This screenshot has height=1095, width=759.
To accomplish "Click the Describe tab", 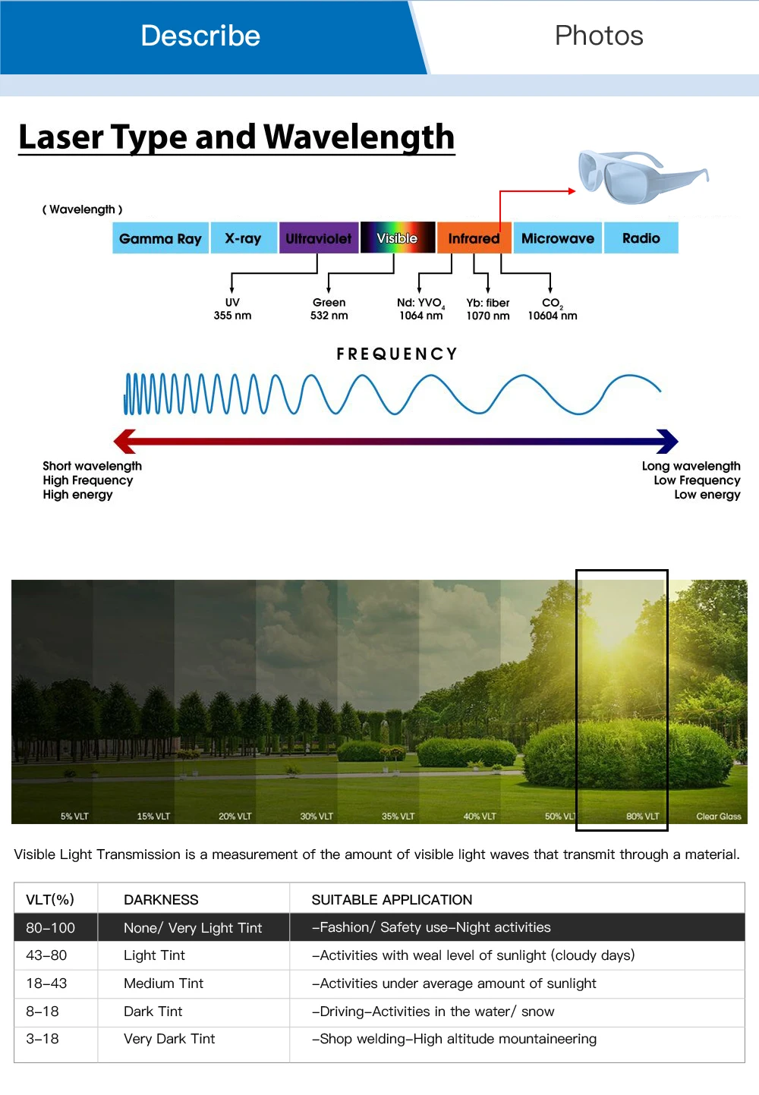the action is pyautogui.click(x=201, y=36).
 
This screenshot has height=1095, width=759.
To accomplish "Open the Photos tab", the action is pyautogui.click(x=599, y=36).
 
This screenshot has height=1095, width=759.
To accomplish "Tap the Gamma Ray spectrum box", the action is pyautogui.click(x=160, y=238).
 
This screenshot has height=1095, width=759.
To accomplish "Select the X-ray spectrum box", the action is pyautogui.click(x=243, y=238).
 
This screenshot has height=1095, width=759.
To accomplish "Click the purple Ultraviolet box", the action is pyautogui.click(x=318, y=238).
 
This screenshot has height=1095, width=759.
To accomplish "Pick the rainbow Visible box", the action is pyautogui.click(x=397, y=238).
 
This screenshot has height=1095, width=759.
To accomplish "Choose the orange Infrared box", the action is pyautogui.click(x=474, y=238).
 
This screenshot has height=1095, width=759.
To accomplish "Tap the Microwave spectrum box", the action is pyautogui.click(x=557, y=238).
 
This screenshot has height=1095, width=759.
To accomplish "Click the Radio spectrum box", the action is pyautogui.click(x=641, y=238).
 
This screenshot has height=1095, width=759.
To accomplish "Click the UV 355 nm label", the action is pyautogui.click(x=232, y=309).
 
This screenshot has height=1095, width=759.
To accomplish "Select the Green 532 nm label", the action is pyautogui.click(x=329, y=309).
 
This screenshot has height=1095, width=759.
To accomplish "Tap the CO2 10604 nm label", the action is pyautogui.click(x=553, y=309).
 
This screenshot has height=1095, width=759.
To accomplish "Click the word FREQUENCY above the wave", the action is pyautogui.click(x=397, y=354).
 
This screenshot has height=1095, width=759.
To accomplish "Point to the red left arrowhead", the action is pyautogui.click(x=124, y=441).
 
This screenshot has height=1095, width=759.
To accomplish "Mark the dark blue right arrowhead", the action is pyautogui.click(x=667, y=441).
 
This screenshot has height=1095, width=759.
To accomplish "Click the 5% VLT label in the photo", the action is pyautogui.click(x=74, y=817).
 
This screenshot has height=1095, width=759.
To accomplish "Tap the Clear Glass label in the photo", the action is pyautogui.click(x=718, y=817).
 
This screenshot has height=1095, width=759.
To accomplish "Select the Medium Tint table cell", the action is pyautogui.click(x=163, y=983).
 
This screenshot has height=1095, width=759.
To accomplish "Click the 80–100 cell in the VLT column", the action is pyautogui.click(x=51, y=927).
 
